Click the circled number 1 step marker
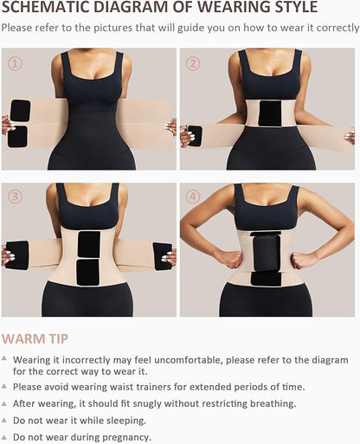(15, 64)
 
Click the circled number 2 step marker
(193, 64)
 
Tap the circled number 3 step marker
(15, 196)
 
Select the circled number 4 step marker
(193, 196)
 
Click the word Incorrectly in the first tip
(87, 359)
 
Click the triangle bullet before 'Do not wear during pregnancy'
(6, 438)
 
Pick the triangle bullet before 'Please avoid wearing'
(6, 386)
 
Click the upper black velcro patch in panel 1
(20, 110)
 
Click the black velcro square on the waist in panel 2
(271, 114)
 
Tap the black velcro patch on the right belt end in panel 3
(162, 254)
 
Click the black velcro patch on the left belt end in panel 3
(17, 254)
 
